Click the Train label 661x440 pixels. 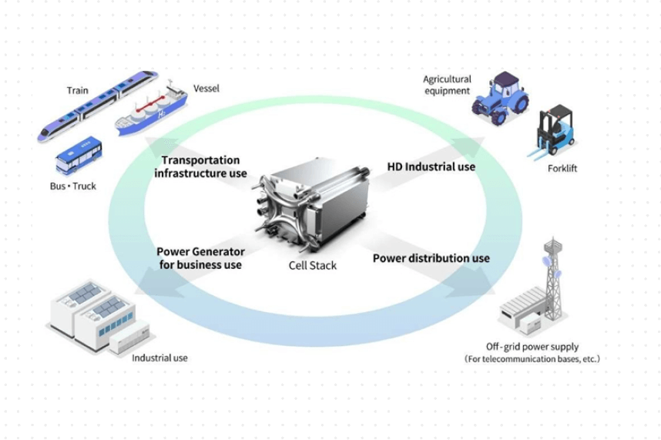click(x=77, y=90)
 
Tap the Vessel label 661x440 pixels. click(x=206, y=89)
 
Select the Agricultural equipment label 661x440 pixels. click(x=447, y=85)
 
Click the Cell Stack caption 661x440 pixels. click(x=307, y=266)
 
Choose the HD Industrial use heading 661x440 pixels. click(x=431, y=166)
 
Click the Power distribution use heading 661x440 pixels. click(x=431, y=258)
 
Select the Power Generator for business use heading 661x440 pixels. click(x=200, y=258)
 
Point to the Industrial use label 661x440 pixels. click(x=159, y=358)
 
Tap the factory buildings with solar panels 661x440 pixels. click(x=92, y=316)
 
